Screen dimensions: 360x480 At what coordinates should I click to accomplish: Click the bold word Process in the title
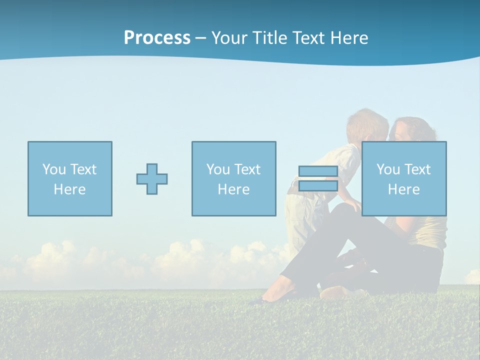pos(157,38)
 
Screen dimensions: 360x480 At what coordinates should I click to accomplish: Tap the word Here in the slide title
pos(348,38)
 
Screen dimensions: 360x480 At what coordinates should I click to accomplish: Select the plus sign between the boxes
pos(152,179)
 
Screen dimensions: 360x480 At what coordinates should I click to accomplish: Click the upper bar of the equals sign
pos(318,171)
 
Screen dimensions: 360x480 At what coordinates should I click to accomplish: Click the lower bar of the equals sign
pos(318,186)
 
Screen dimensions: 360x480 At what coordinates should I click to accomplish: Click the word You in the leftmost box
pos(54,169)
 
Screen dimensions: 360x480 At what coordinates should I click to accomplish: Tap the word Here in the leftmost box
pos(70,189)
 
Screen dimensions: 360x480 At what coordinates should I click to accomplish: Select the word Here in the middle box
pos(234,189)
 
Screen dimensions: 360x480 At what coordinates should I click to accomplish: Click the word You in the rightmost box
pos(388,169)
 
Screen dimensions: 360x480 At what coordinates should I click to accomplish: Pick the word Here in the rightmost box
pos(404,189)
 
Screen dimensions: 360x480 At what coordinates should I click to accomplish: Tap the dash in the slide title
pos(201,38)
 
